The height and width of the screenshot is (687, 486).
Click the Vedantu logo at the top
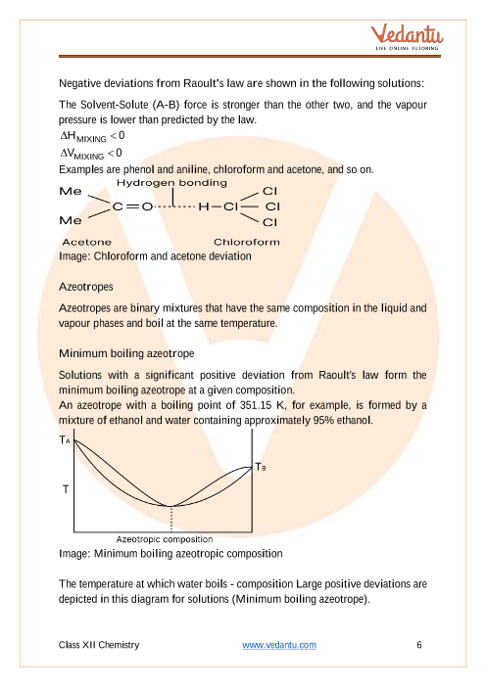coord(407,37)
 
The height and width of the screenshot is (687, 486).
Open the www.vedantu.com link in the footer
coord(279,645)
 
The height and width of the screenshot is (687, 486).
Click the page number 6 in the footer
coord(419,645)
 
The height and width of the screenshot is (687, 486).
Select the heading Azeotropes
coord(86,287)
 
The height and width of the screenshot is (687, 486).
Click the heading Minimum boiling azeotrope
coord(126,353)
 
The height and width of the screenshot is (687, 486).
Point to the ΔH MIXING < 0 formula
coord(92,136)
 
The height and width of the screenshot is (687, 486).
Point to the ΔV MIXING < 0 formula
coord(91,154)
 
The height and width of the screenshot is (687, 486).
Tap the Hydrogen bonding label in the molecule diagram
coord(171,183)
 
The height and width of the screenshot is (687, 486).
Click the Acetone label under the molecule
coord(87,242)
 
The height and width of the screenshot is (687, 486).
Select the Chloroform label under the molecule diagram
coord(247,242)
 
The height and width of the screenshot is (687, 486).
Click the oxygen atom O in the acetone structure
coord(147,206)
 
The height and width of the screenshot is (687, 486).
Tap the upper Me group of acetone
coord(71,192)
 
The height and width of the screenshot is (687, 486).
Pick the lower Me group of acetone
coord(71,220)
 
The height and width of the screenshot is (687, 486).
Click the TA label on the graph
coord(65,439)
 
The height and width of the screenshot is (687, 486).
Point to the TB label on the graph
coord(261,467)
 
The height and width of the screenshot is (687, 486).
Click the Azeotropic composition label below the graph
coord(165,539)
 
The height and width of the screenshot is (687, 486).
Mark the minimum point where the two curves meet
coord(171,506)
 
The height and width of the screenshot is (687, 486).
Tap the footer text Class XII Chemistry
coord(99,645)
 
